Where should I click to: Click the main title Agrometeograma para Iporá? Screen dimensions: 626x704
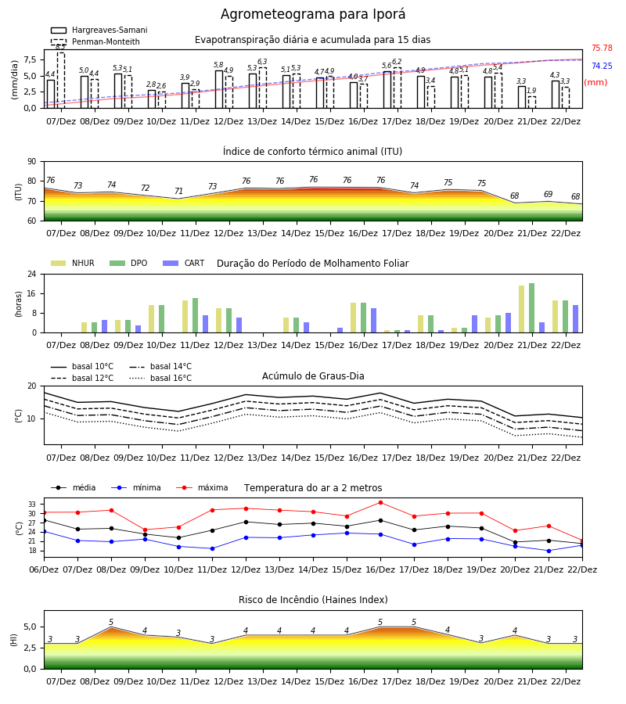pos(313,14)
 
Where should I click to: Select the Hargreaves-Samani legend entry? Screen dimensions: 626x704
pos(99,30)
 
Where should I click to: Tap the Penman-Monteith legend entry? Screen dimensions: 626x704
pos(95,41)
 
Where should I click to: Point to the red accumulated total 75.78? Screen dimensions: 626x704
pos(602,48)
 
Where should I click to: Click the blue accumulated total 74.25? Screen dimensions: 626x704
pos(602,66)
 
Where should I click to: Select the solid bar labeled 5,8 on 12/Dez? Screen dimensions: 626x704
pos(218,89)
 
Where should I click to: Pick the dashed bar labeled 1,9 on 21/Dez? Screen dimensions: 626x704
pos(531,102)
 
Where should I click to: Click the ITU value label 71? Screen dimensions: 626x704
pos(178,192)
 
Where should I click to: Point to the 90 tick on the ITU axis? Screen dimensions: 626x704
pos(32,162)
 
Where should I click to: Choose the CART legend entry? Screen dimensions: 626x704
pos(184,263)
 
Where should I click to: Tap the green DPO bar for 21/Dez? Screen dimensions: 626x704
pos(531,308)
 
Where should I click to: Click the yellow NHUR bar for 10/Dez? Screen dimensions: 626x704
pos(151,319)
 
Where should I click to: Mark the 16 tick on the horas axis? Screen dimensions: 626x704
pos(32,293)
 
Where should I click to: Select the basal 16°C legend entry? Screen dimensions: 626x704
pos(160,378)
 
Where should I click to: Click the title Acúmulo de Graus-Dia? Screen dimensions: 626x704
pos(313,376)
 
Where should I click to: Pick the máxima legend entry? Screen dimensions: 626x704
pos(202,487)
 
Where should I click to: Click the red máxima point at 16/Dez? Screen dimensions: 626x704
pos(380,502)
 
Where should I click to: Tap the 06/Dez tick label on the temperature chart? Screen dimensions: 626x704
pos(44,569)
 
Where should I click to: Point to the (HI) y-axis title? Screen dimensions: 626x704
pos(13,640)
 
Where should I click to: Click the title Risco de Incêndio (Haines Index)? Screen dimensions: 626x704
pos(313,600)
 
